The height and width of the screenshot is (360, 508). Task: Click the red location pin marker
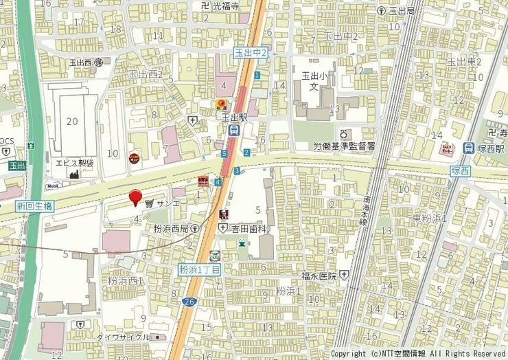point(136,196)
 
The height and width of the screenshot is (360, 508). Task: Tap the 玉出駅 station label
point(234,117)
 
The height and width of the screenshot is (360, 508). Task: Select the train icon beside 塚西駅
point(469,148)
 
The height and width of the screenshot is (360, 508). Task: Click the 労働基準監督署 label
point(345,146)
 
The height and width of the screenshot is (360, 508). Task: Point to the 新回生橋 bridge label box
point(35,205)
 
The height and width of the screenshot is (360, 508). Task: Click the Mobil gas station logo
point(52,185)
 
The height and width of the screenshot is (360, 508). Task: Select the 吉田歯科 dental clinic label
point(249,227)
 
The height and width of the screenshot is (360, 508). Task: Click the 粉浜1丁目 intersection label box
point(200,270)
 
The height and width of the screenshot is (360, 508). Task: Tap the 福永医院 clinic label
point(318,275)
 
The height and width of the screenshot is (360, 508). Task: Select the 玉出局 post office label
point(402,11)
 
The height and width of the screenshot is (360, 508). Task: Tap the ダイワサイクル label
point(123,337)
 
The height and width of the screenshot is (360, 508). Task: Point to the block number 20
point(72,121)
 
